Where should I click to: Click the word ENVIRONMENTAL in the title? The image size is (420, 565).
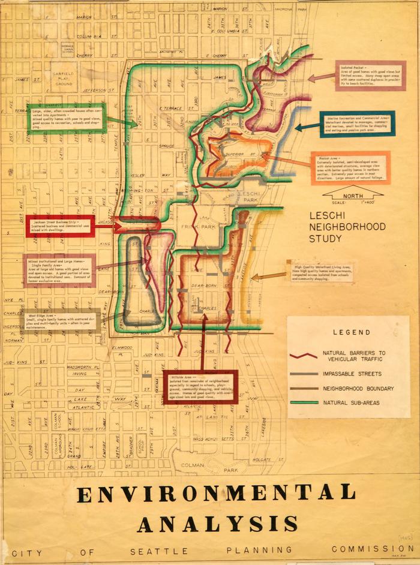coord(217,494)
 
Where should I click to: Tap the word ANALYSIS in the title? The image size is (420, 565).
coord(218,523)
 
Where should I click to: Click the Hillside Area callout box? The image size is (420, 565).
coord(200,387)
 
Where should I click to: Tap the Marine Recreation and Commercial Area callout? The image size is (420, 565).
coord(356,124)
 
